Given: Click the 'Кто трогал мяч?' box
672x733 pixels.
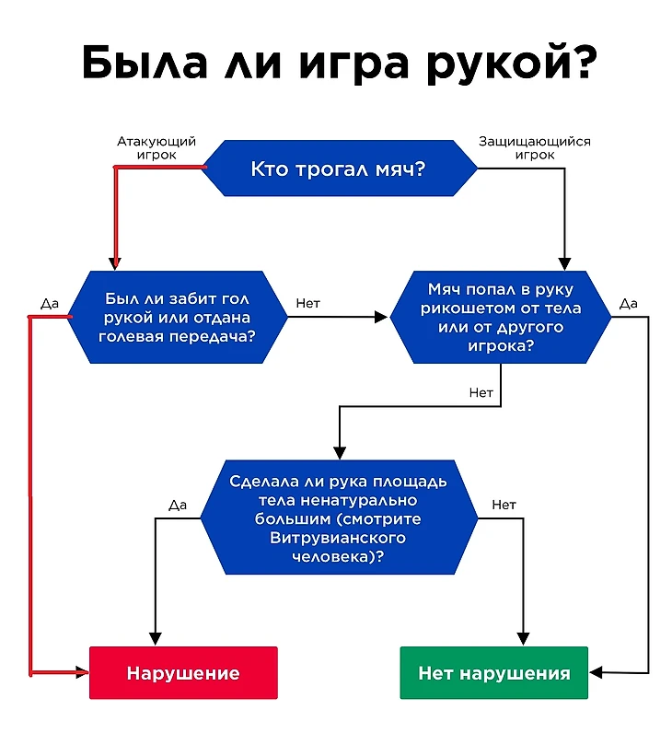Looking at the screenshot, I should click(x=338, y=168).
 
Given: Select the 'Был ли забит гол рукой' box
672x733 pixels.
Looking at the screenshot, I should click(x=179, y=318).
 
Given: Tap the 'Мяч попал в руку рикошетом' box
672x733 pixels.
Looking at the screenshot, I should click(x=500, y=317).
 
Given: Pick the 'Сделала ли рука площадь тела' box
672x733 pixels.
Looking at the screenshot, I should click(x=338, y=518).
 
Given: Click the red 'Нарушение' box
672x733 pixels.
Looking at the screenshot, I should click(x=183, y=673).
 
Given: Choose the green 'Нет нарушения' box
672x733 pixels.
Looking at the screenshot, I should click(x=493, y=673).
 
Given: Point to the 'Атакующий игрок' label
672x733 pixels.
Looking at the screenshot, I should click(x=156, y=148).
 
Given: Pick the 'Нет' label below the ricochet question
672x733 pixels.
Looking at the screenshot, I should click(x=481, y=392).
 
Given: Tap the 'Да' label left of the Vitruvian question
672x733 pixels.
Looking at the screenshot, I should click(x=178, y=504).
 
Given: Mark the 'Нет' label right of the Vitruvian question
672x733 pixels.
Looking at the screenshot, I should click(x=504, y=504).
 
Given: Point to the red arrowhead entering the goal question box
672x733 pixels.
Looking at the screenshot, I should click(x=116, y=262).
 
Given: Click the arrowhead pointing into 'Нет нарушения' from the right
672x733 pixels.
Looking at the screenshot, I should click(x=596, y=673).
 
